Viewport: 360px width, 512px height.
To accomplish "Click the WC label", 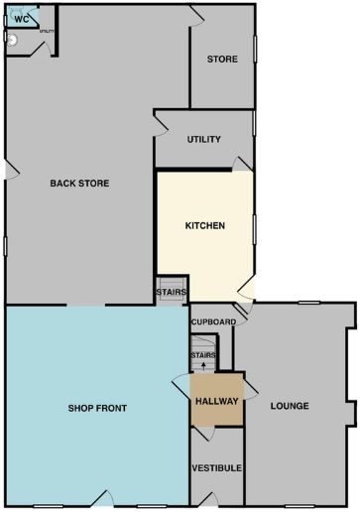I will click(x=21, y=19).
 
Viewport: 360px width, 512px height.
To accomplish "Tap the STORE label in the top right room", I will click(x=221, y=60).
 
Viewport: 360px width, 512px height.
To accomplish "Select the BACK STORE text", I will click(x=79, y=183).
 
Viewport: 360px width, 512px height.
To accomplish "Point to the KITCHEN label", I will click(x=205, y=225).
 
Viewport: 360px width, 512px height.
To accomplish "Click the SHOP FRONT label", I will click(x=97, y=408).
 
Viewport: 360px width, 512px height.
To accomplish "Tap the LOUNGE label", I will click(x=289, y=406).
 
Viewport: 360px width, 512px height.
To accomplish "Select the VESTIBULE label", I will click(x=216, y=467).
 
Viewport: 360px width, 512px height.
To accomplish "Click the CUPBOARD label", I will click(x=212, y=322).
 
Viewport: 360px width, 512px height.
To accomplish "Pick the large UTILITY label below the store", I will click(x=203, y=140).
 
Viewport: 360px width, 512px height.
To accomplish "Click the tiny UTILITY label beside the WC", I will click(x=46, y=32).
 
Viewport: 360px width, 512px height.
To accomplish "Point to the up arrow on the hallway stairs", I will click(x=203, y=365).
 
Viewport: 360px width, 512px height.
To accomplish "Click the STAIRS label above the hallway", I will click(x=203, y=354).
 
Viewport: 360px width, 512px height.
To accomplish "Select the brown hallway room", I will click(x=215, y=413).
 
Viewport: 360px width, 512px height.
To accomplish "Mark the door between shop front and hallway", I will click(x=181, y=386).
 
